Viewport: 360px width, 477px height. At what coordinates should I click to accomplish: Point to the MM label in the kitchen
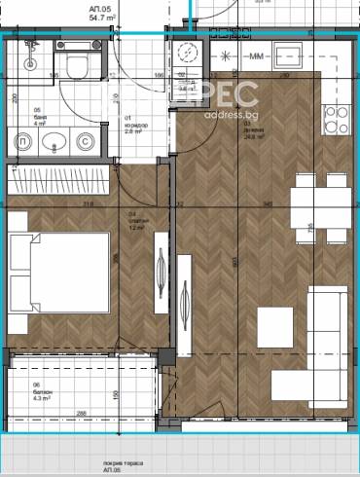(258, 56)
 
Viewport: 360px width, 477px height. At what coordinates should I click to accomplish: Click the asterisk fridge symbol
(226, 56)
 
